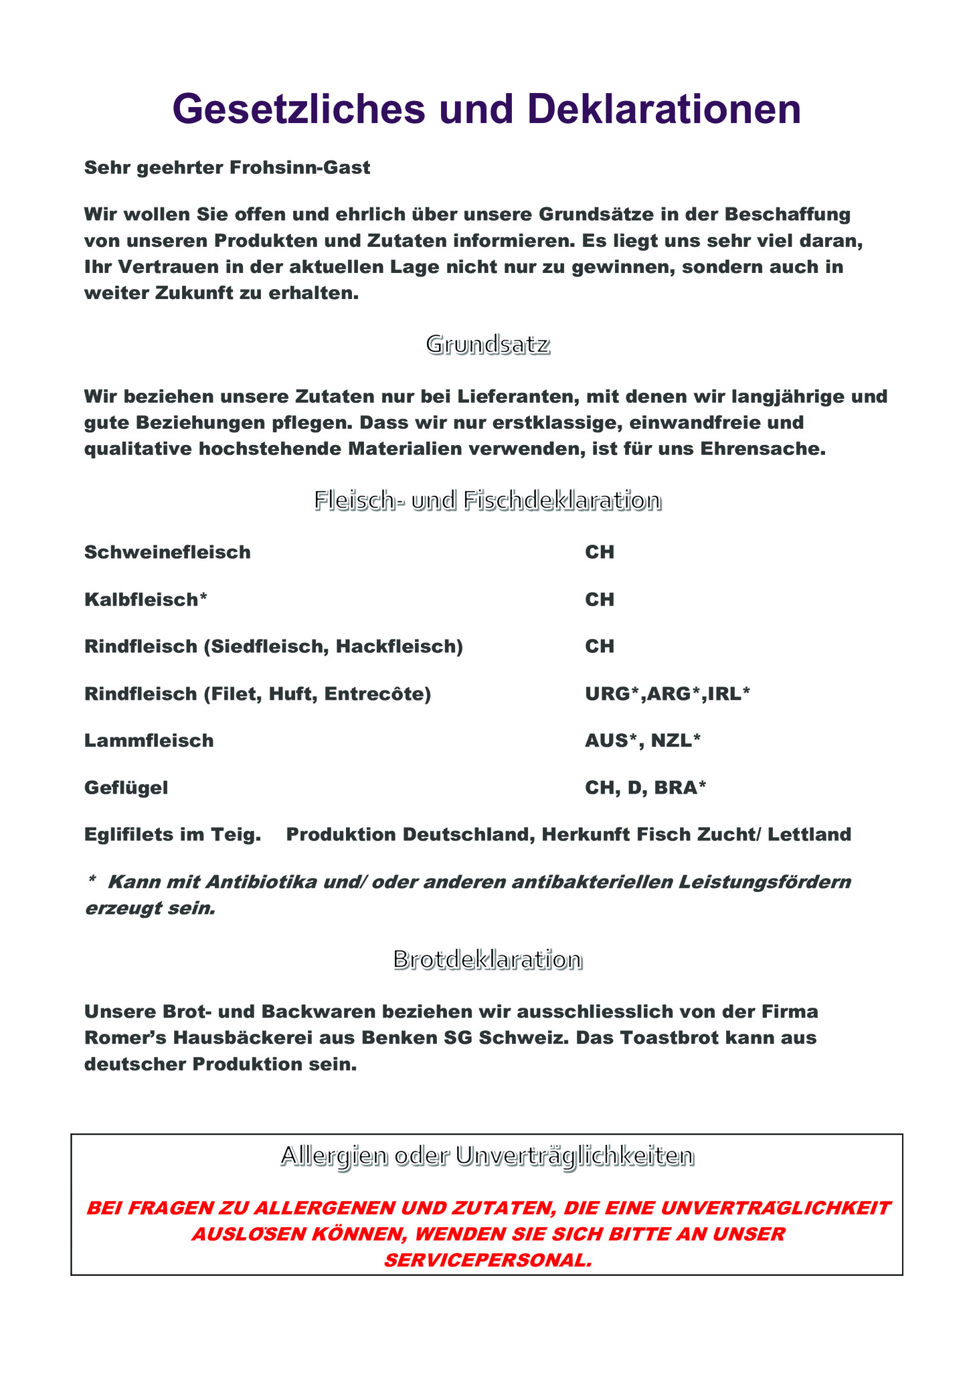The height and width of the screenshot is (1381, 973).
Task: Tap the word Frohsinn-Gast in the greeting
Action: (x=299, y=167)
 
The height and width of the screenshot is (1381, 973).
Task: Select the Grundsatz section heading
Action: (x=488, y=345)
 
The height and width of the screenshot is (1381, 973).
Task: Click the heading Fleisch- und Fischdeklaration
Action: (x=488, y=500)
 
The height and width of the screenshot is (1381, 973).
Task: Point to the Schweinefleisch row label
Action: (x=167, y=553)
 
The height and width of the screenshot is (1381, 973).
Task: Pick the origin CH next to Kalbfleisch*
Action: (x=600, y=600)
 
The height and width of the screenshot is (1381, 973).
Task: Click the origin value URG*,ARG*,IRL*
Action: (x=667, y=694)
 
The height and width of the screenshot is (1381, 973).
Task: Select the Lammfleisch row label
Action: (x=149, y=741)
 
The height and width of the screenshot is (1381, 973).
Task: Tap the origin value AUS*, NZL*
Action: (x=642, y=741)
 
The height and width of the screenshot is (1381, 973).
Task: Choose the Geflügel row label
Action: (x=126, y=788)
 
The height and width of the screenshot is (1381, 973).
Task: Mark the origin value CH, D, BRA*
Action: (x=645, y=788)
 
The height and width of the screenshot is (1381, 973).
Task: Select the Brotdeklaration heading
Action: (x=487, y=960)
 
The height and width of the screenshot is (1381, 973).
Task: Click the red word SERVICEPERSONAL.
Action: (x=488, y=1261)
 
